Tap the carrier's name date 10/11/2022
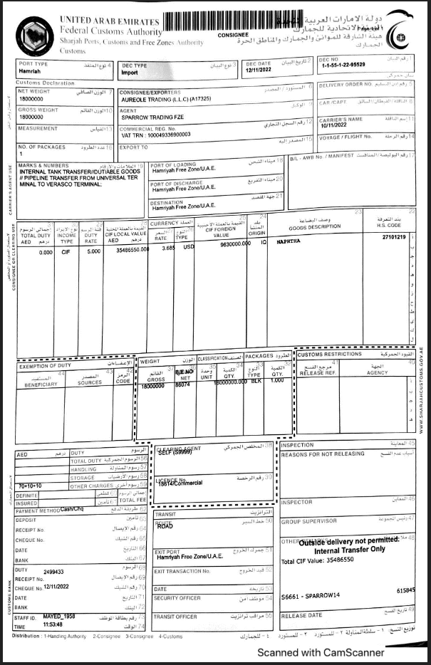(x=336, y=125)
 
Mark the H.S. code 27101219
(x=393, y=236)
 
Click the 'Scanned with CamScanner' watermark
(x=321, y=652)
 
